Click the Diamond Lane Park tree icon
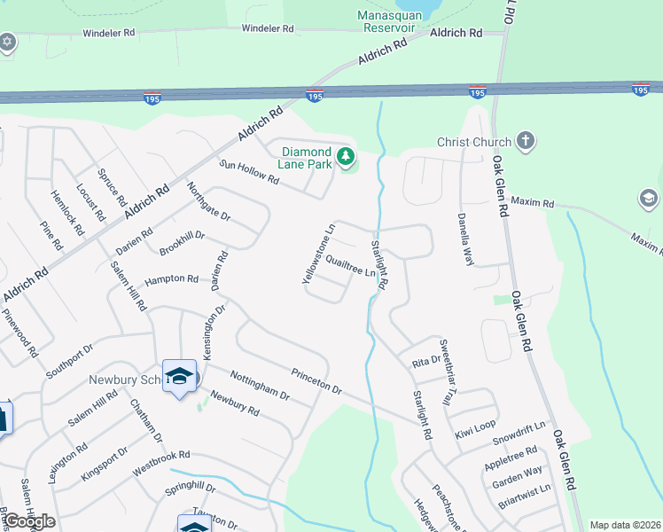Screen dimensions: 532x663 (x=346, y=159)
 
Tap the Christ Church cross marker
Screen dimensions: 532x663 (x=526, y=142)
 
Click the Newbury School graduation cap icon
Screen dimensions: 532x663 (x=179, y=378)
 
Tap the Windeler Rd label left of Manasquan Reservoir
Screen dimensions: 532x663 (x=263, y=28)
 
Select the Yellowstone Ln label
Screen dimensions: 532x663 (x=319, y=254)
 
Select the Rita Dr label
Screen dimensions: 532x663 (x=425, y=362)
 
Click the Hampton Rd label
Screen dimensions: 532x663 (x=170, y=278)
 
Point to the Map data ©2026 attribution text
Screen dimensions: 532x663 (x=624, y=525)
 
